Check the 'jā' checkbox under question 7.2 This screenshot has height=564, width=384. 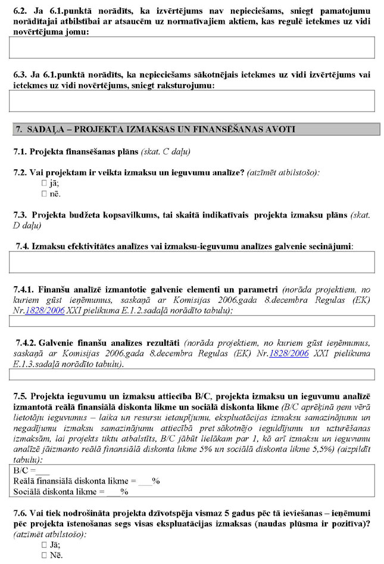[x=44, y=184]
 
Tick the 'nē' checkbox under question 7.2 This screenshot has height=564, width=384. [x=44, y=194]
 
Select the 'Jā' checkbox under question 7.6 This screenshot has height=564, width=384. [x=44, y=545]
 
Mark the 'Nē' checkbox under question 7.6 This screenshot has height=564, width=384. [x=44, y=555]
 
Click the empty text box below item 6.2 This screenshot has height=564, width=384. [x=192, y=47]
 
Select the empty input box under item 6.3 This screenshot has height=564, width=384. [x=192, y=101]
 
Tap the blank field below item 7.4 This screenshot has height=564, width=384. [x=192, y=262]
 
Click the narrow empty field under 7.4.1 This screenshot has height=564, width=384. [x=192, y=321]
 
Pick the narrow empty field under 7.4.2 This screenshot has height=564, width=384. [x=192, y=374]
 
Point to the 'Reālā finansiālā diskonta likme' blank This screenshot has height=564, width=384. [x=145, y=481]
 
